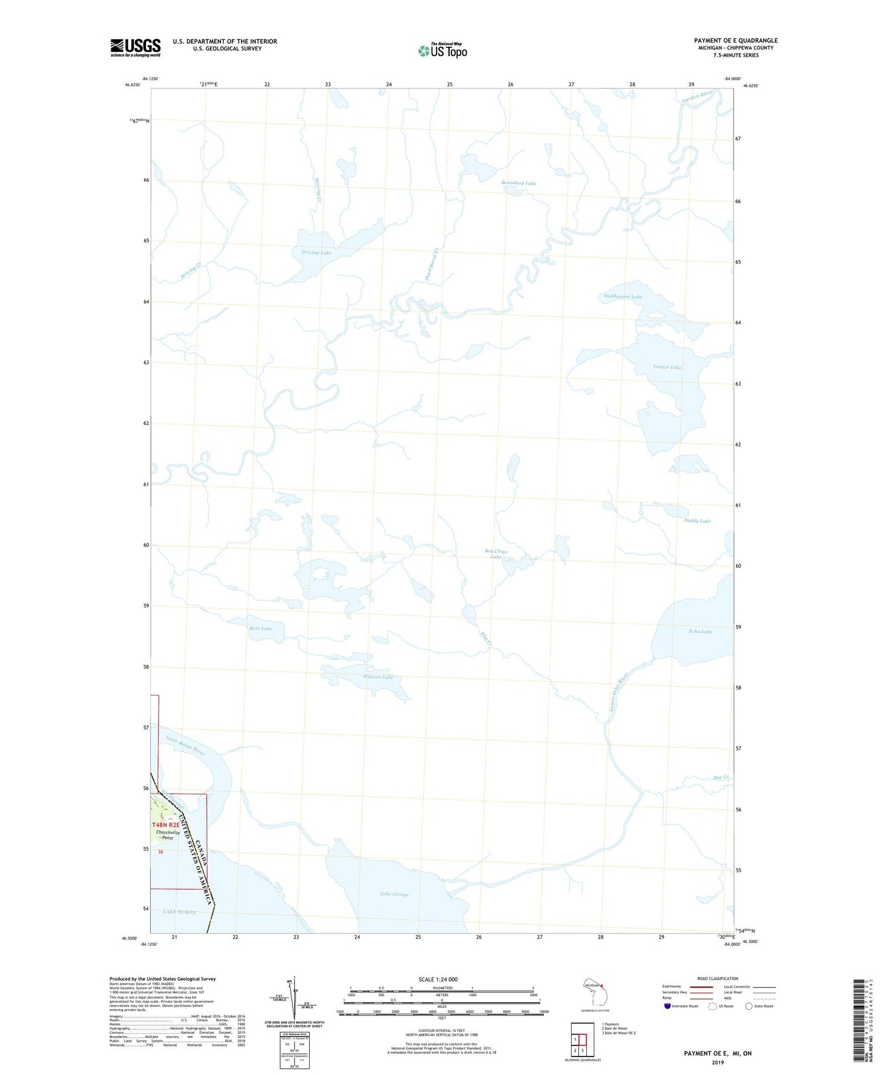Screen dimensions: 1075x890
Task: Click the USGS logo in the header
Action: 136,47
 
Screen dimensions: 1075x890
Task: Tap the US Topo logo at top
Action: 442,50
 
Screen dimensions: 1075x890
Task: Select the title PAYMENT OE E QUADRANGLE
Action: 735,41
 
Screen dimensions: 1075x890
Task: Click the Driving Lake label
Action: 317,253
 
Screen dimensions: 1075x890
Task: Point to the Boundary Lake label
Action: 519,183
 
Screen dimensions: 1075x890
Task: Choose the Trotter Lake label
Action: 667,368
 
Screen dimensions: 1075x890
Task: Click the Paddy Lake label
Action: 697,521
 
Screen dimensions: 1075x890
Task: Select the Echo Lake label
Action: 700,632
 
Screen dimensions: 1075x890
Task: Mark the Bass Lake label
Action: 261,629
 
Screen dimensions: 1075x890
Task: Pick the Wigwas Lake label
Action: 378,677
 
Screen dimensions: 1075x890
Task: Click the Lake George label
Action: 394,894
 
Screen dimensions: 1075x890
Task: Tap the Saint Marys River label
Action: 185,746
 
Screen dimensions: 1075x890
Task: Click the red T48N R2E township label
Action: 166,824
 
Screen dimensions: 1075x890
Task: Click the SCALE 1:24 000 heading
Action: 438,980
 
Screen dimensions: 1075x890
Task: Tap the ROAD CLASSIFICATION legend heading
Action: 718,978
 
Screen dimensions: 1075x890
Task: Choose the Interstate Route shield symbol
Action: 668,1006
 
